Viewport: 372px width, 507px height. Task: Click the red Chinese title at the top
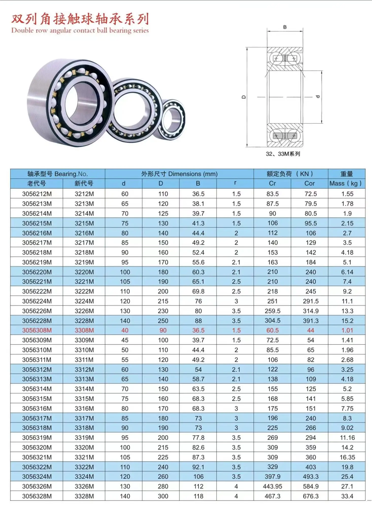pos(80,19)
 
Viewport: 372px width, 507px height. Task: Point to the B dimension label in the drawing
pos(285,27)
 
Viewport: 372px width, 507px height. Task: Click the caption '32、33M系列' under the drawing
pos(283,154)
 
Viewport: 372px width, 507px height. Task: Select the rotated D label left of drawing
pos(244,97)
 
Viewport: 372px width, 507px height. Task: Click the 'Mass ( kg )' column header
pos(346,184)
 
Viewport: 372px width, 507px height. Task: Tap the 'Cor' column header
pos(309,184)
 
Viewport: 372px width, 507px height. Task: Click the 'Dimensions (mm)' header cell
pos(179,174)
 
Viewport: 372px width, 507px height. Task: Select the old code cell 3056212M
pos(37,194)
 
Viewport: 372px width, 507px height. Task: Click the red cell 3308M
pos(84,330)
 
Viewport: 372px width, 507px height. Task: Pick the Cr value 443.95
pos(272,486)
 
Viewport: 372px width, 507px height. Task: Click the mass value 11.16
pos(347,438)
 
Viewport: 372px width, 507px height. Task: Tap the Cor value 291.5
pos(310,301)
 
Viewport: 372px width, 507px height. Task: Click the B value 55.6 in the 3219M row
pos(198,262)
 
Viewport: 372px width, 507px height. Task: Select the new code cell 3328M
pos(84,496)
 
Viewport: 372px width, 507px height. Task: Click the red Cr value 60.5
pos(272,330)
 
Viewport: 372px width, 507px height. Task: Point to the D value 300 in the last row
pos(163,496)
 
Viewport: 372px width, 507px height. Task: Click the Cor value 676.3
pos(310,496)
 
